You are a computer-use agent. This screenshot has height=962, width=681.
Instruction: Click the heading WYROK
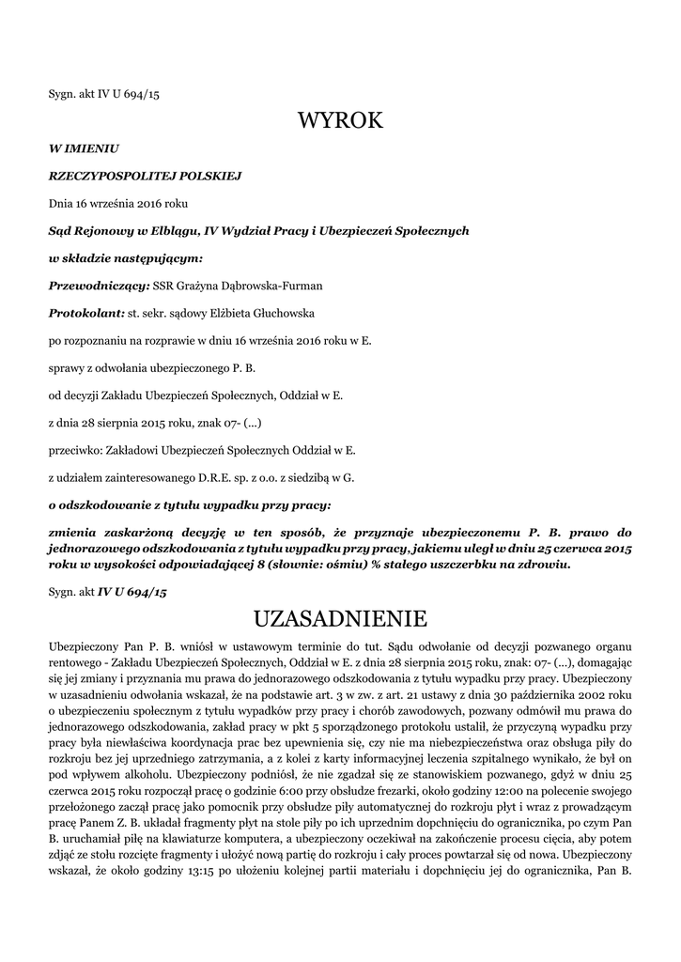[x=340, y=121]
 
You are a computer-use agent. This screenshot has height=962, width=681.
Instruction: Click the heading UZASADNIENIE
[x=340, y=618]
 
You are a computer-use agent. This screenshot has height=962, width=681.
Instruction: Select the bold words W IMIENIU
[x=84, y=147]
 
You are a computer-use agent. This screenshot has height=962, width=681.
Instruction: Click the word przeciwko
[x=76, y=450]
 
